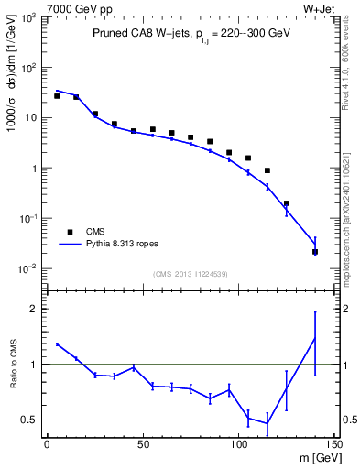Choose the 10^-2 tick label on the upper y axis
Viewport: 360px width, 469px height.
click(x=27, y=269)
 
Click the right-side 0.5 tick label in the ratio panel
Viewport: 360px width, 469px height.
click(x=347, y=420)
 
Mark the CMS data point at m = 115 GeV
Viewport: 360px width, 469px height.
click(x=267, y=170)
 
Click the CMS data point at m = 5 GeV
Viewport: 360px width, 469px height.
click(x=57, y=95)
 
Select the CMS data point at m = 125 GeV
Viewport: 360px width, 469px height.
click(x=287, y=203)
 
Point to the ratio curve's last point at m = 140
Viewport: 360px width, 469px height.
click(x=315, y=338)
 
